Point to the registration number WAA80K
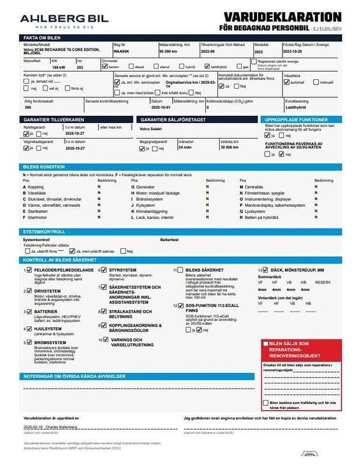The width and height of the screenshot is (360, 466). tap(121, 51)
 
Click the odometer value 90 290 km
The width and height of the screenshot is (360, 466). tap(169, 51)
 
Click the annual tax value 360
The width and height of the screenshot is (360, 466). tap(28, 108)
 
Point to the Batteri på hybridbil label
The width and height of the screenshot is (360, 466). tap(269, 217)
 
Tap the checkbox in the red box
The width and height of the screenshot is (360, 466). tap(266, 344)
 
